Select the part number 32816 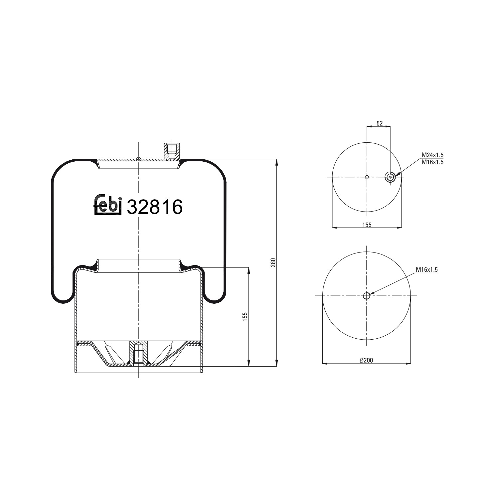coord(155,207)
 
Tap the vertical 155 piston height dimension coord(245,316)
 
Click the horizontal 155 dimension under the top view coord(367,225)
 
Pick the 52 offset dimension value coord(379,123)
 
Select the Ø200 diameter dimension coord(367,360)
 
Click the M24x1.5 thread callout coord(432,155)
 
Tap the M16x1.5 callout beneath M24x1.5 coord(432,162)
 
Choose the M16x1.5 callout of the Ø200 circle coord(427,270)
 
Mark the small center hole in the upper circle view coord(367,177)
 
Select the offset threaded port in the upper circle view coord(390,177)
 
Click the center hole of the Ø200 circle coord(366,296)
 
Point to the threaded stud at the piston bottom coord(138,355)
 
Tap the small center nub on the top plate coord(138,158)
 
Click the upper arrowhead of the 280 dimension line coord(276,162)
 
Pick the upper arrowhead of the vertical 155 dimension coord(249,270)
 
